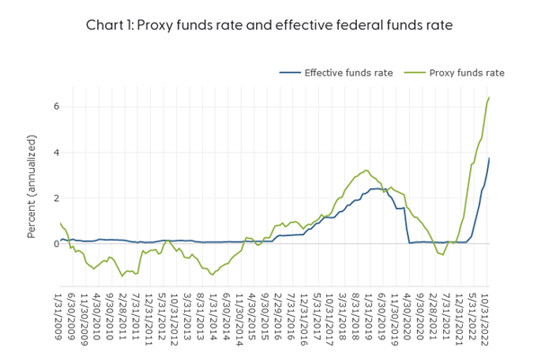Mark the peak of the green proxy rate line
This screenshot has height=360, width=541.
489,98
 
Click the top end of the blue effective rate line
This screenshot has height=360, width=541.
489,159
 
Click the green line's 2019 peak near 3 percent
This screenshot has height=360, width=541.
366,171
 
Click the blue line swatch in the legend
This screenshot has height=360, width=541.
289,73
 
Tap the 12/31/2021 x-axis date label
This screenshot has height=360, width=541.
459,313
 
